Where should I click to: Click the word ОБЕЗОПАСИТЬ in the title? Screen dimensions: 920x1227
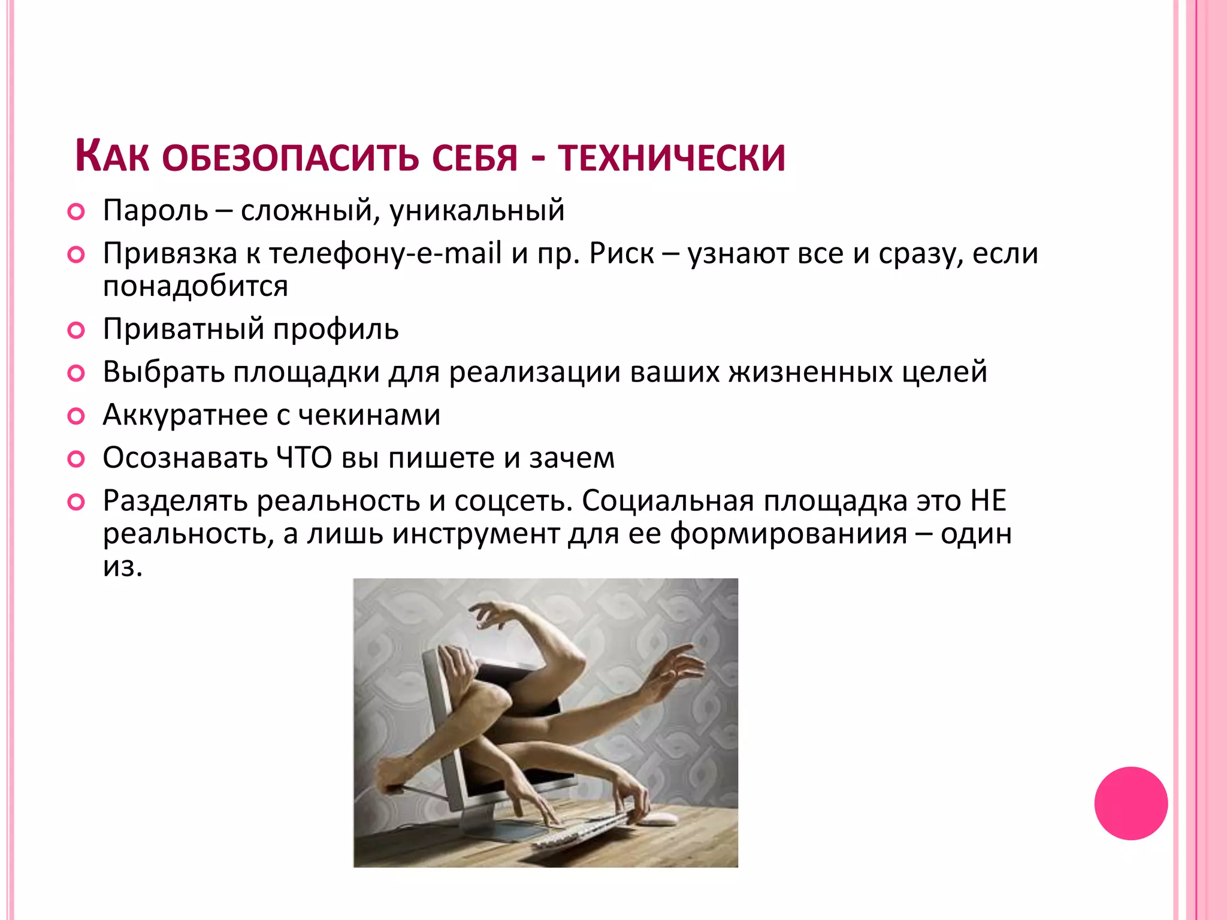point(290,158)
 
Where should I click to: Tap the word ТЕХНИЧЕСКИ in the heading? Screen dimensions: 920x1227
point(671,158)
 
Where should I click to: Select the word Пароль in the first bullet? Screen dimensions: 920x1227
point(155,211)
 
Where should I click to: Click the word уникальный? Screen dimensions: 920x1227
point(477,211)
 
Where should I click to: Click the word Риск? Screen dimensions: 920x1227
point(621,253)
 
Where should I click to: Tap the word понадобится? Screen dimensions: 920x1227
point(195,286)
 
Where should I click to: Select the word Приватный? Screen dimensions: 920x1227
point(183,329)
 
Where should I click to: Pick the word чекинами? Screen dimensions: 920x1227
point(369,414)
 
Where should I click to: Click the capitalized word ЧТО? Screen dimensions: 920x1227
point(304,458)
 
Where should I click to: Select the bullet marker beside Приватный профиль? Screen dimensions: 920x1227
point(76,330)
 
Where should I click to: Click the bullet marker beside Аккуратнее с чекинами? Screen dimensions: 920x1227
point(76,416)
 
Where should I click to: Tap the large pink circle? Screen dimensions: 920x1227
point(1131,803)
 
